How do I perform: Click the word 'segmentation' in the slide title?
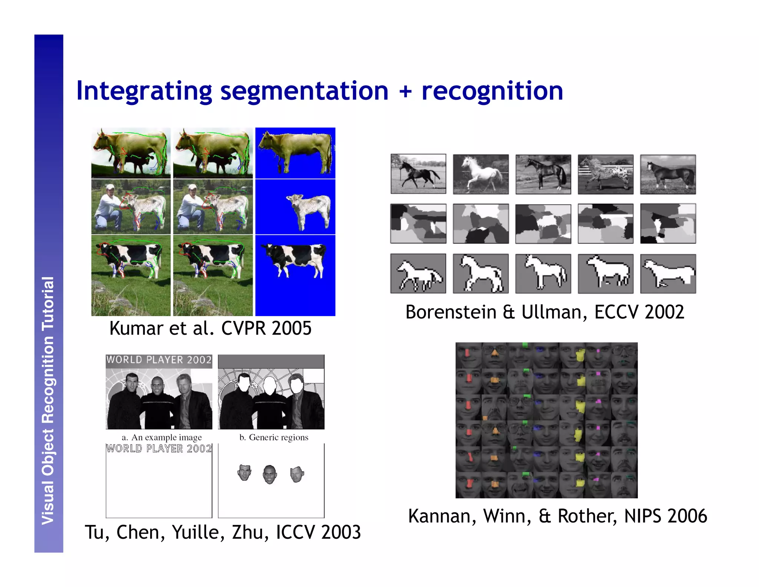304,91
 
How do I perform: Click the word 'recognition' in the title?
492,91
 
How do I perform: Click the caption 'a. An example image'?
162,437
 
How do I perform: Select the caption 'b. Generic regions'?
274,437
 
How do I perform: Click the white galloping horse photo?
481,174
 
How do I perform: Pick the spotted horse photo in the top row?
606,174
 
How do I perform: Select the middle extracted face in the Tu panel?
269,474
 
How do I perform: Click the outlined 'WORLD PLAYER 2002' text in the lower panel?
159,449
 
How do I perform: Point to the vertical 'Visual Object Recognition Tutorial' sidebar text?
48,401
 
